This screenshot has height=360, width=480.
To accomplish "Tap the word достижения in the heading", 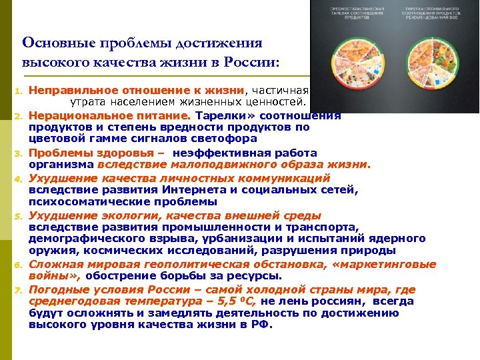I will tap(219, 43).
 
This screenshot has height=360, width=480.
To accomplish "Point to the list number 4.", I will tap(19, 179).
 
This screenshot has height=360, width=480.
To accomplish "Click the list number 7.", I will tap(19, 291).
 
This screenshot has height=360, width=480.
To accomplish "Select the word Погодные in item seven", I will tap(58, 289).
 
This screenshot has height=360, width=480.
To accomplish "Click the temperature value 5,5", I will tap(217, 301).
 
